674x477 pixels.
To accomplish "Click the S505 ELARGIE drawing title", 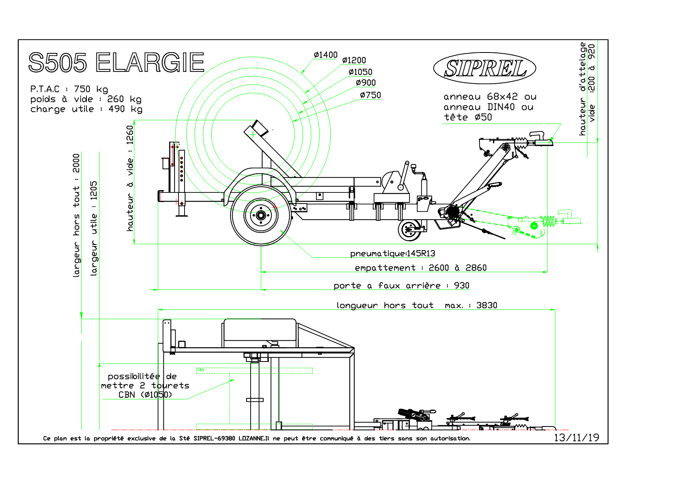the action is (116, 63).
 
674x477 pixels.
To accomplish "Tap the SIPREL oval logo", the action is (485, 68).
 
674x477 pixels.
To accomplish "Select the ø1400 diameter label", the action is (325, 55).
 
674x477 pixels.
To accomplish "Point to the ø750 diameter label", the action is (370, 95).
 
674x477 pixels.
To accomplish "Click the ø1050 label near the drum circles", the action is (361, 72).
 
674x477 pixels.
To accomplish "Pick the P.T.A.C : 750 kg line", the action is (69, 89).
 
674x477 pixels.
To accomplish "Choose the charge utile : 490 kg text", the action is (86, 109).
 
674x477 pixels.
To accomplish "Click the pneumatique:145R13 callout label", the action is (393, 254).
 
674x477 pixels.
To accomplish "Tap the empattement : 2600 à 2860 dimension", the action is (421, 268).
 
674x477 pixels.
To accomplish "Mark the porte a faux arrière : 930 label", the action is (401, 286).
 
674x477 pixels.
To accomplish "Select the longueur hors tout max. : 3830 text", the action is (417, 305).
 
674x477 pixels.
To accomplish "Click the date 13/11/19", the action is (576, 438).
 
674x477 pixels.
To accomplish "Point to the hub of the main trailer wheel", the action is (261, 215).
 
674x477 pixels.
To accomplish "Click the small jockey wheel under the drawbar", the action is (409, 230).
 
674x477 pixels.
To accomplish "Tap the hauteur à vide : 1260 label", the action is (130, 178).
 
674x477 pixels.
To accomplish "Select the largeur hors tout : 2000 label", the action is (76, 215).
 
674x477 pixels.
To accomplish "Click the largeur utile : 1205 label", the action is (94, 228).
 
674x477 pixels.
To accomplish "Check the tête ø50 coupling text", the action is (468, 117).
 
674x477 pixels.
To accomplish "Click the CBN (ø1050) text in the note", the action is (145, 395).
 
